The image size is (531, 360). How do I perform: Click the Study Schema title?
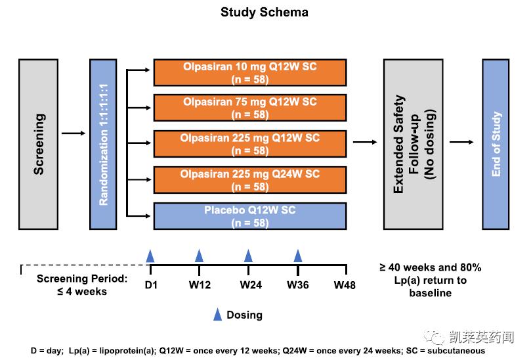point(264,12)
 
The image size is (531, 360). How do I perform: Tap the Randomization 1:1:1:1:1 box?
point(102,144)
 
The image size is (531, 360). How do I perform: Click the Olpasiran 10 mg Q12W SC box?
point(249,73)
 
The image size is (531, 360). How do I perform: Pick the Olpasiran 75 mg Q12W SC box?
point(249,108)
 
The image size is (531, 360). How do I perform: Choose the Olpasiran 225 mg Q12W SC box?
point(249,144)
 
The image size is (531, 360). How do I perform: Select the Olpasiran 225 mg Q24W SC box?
point(249,180)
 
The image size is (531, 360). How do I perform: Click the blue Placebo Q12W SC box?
point(249,216)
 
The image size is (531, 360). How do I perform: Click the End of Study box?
point(496,144)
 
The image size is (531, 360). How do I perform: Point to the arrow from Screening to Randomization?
point(73,133)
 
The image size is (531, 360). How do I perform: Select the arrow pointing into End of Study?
point(463,141)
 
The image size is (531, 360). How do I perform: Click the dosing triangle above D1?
point(150,256)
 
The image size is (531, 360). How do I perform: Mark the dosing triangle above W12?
point(199,256)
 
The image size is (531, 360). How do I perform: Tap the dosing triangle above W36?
point(298,256)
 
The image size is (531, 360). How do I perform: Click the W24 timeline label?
point(249,284)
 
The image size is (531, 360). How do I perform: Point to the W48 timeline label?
point(345,284)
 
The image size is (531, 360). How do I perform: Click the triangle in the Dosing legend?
point(217,315)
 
